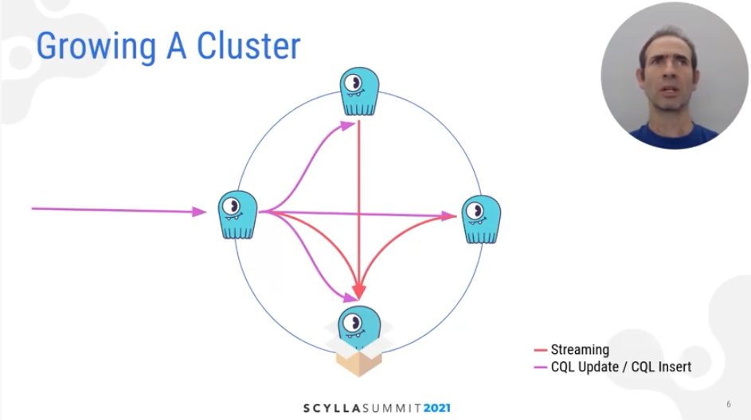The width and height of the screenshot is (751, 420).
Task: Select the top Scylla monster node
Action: coord(359,92)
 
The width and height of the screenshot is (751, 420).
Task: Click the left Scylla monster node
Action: coord(237,213)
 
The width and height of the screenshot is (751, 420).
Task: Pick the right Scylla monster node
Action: coord(480,218)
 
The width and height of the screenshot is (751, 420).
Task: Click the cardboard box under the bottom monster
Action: coord(358,359)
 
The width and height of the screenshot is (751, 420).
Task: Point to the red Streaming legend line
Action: coord(540,350)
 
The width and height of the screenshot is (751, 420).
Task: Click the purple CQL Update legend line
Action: coord(540,367)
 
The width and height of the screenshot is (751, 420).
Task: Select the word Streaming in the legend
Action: coord(580,350)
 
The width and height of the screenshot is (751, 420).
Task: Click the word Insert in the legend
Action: coord(673,367)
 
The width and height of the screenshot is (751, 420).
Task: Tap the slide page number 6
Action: coord(728,404)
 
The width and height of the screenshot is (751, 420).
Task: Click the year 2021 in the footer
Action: coord(436,408)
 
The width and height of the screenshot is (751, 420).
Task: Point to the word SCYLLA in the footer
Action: coord(331,408)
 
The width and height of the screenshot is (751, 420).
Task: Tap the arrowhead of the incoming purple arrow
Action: coord(200,212)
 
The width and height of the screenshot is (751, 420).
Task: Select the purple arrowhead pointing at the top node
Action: coord(348,124)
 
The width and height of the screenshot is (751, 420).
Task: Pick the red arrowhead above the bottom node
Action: coord(359,291)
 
